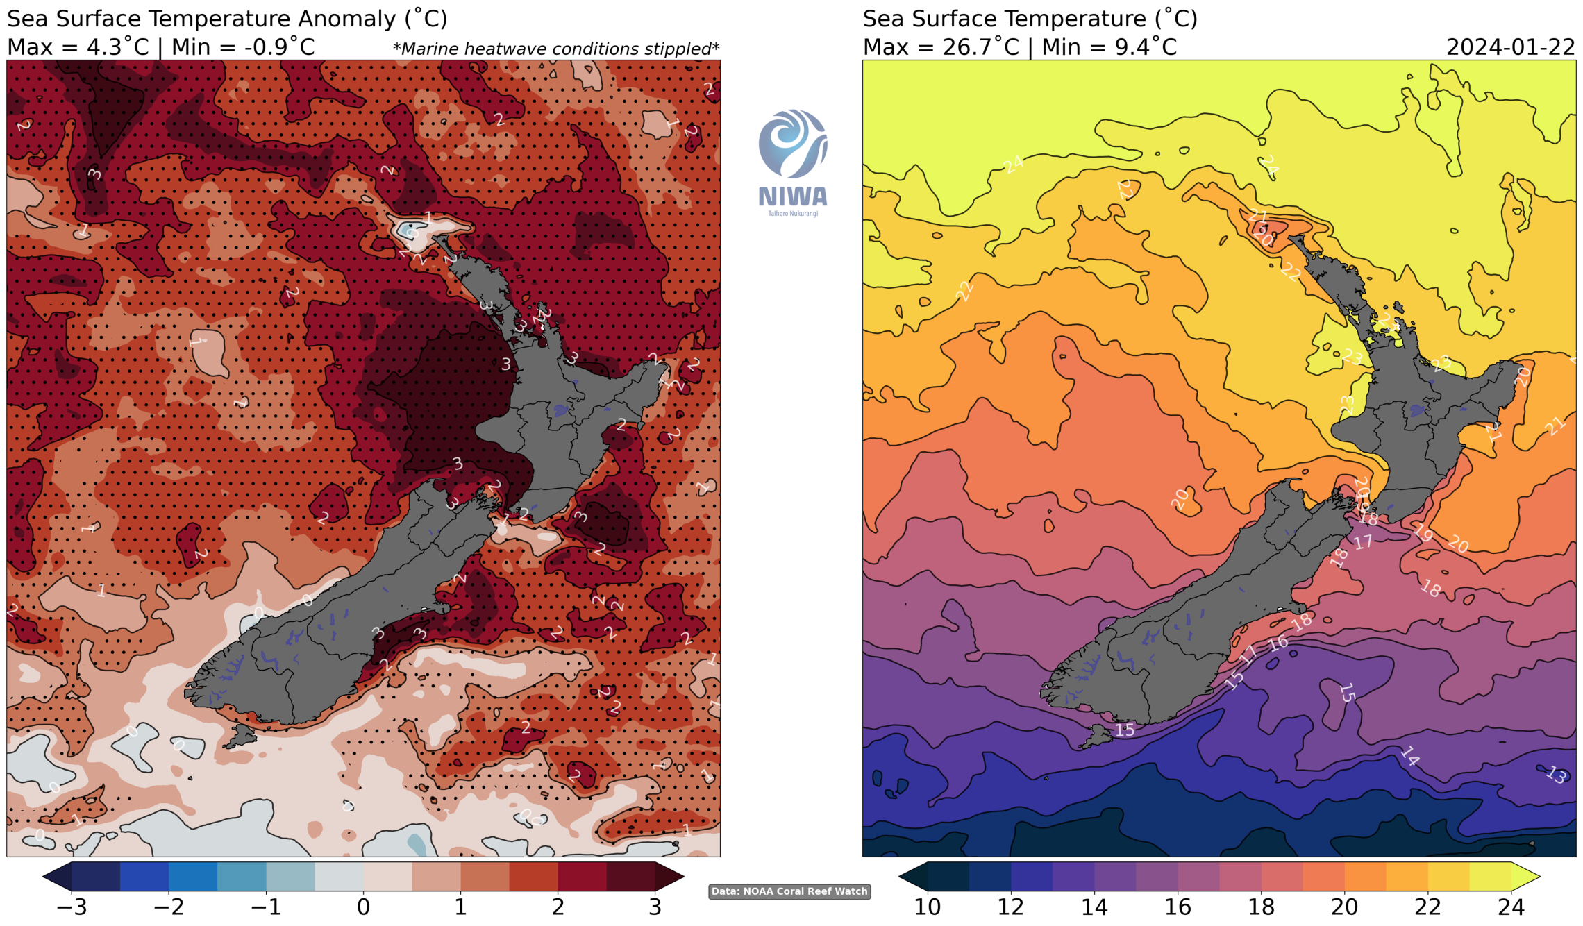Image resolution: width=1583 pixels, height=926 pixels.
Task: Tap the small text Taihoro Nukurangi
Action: (x=792, y=214)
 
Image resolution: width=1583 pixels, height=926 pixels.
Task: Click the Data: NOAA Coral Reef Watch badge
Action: (x=789, y=891)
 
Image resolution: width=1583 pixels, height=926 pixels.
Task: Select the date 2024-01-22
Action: (x=1510, y=47)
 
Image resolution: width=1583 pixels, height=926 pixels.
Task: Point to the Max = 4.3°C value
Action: (x=78, y=47)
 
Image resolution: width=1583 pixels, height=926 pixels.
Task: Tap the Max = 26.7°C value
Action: (x=941, y=47)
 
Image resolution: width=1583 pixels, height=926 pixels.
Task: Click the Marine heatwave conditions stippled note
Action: (x=555, y=49)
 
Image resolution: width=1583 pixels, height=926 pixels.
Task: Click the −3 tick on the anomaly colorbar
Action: (x=72, y=907)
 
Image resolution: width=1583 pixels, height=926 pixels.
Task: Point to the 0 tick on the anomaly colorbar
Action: (x=363, y=907)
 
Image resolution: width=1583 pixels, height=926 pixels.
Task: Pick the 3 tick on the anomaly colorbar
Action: (x=655, y=907)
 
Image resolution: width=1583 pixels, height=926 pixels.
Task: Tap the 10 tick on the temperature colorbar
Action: (x=928, y=907)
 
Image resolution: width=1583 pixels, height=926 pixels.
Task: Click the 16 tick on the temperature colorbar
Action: (x=1178, y=907)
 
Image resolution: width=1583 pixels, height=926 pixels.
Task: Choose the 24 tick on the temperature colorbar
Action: (x=1511, y=907)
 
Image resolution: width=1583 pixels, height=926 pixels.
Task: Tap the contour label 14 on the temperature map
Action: (x=1409, y=756)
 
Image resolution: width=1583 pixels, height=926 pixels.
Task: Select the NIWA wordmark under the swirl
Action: (x=792, y=196)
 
